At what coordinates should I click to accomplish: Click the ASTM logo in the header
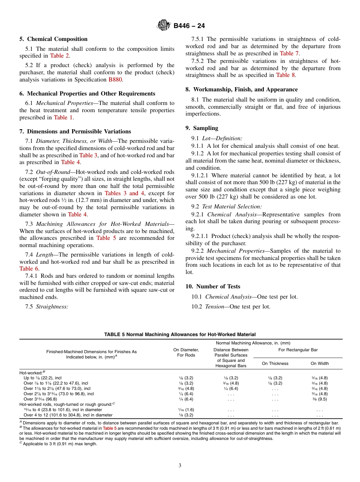tap(164, 26)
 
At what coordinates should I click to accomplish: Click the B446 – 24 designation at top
tap(189, 26)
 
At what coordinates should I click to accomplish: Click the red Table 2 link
tap(59, 56)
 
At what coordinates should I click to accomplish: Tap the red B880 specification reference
tap(115, 80)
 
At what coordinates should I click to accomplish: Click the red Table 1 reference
tap(63, 117)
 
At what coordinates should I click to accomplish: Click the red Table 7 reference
tap(289, 53)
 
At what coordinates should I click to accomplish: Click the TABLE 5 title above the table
tap(180, 335)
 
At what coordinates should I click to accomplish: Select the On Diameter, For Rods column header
tap(186, 352)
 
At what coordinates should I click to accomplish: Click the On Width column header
tap(319, 363)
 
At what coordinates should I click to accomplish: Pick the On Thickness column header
tap(275, 363)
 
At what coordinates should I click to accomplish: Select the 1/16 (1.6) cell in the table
tap(186, 410)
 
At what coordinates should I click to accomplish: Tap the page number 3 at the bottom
tap(180, 466)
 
